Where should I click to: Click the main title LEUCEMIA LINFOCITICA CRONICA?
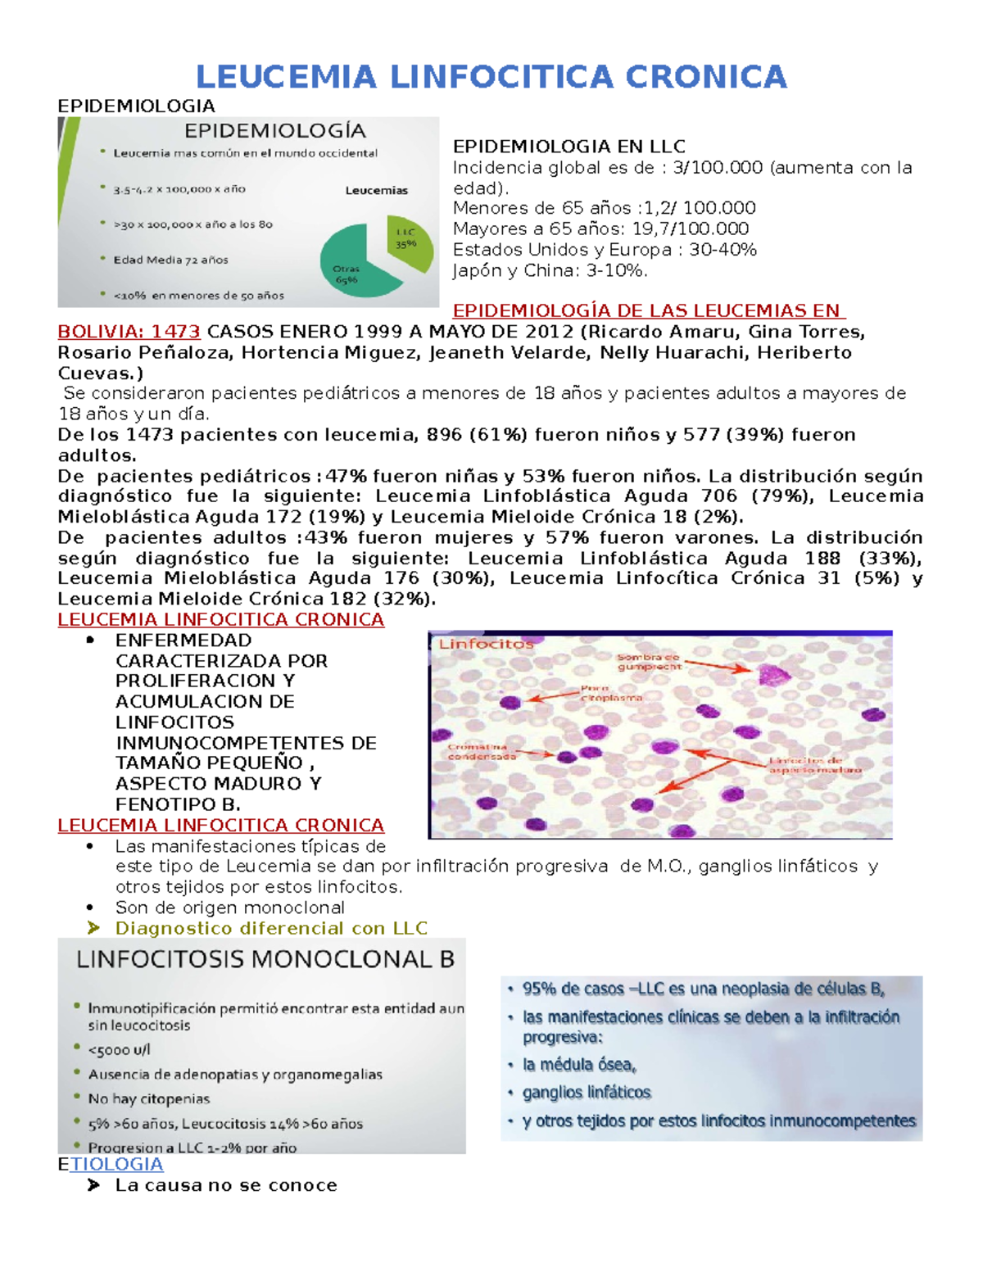pos(491,77)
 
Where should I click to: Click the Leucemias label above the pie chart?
pos(376,190)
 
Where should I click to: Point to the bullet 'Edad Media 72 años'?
pos(170,260)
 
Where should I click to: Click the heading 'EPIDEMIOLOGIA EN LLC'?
pos(569,147)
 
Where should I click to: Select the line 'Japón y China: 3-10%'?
pos(550,270)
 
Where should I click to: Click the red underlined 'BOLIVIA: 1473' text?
pos(129,332)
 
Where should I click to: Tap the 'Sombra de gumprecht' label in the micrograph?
pos(648,662)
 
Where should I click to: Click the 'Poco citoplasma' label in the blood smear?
pos(610,693)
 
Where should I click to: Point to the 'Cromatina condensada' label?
pos(482,752)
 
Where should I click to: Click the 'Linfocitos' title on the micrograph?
pos(486,644)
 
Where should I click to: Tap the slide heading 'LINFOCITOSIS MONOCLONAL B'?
pos(265,959)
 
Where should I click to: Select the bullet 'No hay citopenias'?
pos(149,1098)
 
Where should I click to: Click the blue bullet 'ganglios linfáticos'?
pos(587,1093)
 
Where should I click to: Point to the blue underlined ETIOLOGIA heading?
pos(111,1164)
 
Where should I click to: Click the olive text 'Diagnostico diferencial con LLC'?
pos(271,928)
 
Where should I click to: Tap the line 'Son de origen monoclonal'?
pos(229,908)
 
